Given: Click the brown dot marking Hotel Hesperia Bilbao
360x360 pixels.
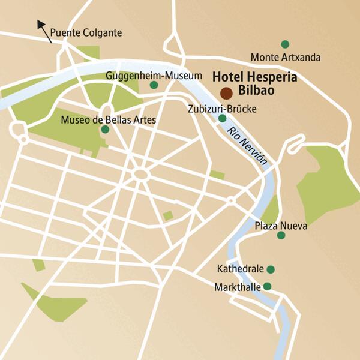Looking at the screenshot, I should pyautogui.click(x=226, y=93).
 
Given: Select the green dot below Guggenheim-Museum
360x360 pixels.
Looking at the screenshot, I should pyautogui.click(x=154, y=86).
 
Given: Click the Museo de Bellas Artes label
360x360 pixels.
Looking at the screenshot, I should pyautogui.click(x=108, y=120).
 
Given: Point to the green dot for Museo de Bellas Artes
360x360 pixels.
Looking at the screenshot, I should pyautogui.click(x=105, y=130).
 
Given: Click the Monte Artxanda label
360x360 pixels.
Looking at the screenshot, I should pyautogui.click(x=286, y=58).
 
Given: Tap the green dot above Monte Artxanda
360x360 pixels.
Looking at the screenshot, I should pyautogui.click(x=285, y=44).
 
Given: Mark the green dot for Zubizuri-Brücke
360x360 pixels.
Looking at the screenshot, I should pyautogui.click(x=223, y=119).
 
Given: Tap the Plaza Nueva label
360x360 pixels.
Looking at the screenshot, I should pyautogui.click(x=281, y=226).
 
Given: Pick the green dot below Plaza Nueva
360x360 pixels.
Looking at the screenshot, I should pyautogui.click(x=281, y=235).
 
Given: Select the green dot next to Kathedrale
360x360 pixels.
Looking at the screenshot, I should pyautogui.click(x=271, y=269).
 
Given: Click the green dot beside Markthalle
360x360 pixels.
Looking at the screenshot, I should pyautogui.click(x=268, y=286).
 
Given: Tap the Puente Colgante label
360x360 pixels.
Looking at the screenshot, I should pyautogui.click(x=86, y=32).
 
